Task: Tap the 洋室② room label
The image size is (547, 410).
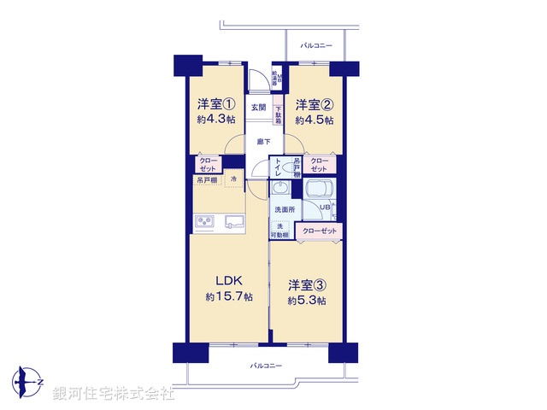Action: tap(314, 105)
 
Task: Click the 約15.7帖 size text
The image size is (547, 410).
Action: tap(228, 297)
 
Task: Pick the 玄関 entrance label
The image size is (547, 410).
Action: tap(258, 108)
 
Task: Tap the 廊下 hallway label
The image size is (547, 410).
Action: tap(263, 143)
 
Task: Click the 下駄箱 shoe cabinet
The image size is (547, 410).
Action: tap(279, 114)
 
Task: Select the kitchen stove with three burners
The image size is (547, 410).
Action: tap(206, 223)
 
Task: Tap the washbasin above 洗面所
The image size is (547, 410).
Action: tap(280, 190)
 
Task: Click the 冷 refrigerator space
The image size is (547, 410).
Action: tap(235, 179)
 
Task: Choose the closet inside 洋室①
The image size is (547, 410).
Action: tap(208, 164)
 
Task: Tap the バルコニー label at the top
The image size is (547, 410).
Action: tap(316, 45)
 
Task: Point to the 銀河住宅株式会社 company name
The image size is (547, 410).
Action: tap(113, 393)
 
